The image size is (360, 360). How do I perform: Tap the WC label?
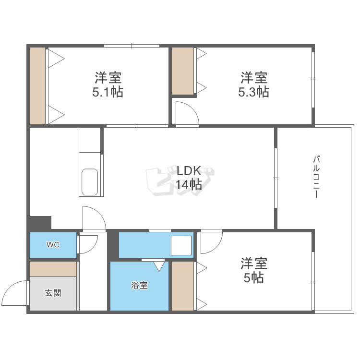[x=53, y=245]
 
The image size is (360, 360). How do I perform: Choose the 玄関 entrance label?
[x=53, y=293]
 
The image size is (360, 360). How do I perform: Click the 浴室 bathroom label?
[x=139, y=286]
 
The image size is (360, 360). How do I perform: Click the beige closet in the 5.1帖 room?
[x=37, y=85]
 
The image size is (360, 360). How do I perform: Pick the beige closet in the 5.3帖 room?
[x=183, y=71]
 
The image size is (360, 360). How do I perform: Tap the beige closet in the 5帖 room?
[x=182, y=286]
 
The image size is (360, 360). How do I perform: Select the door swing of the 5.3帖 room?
[x=187, y=115]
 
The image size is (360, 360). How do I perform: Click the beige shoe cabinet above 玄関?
[x=53, y=269]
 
